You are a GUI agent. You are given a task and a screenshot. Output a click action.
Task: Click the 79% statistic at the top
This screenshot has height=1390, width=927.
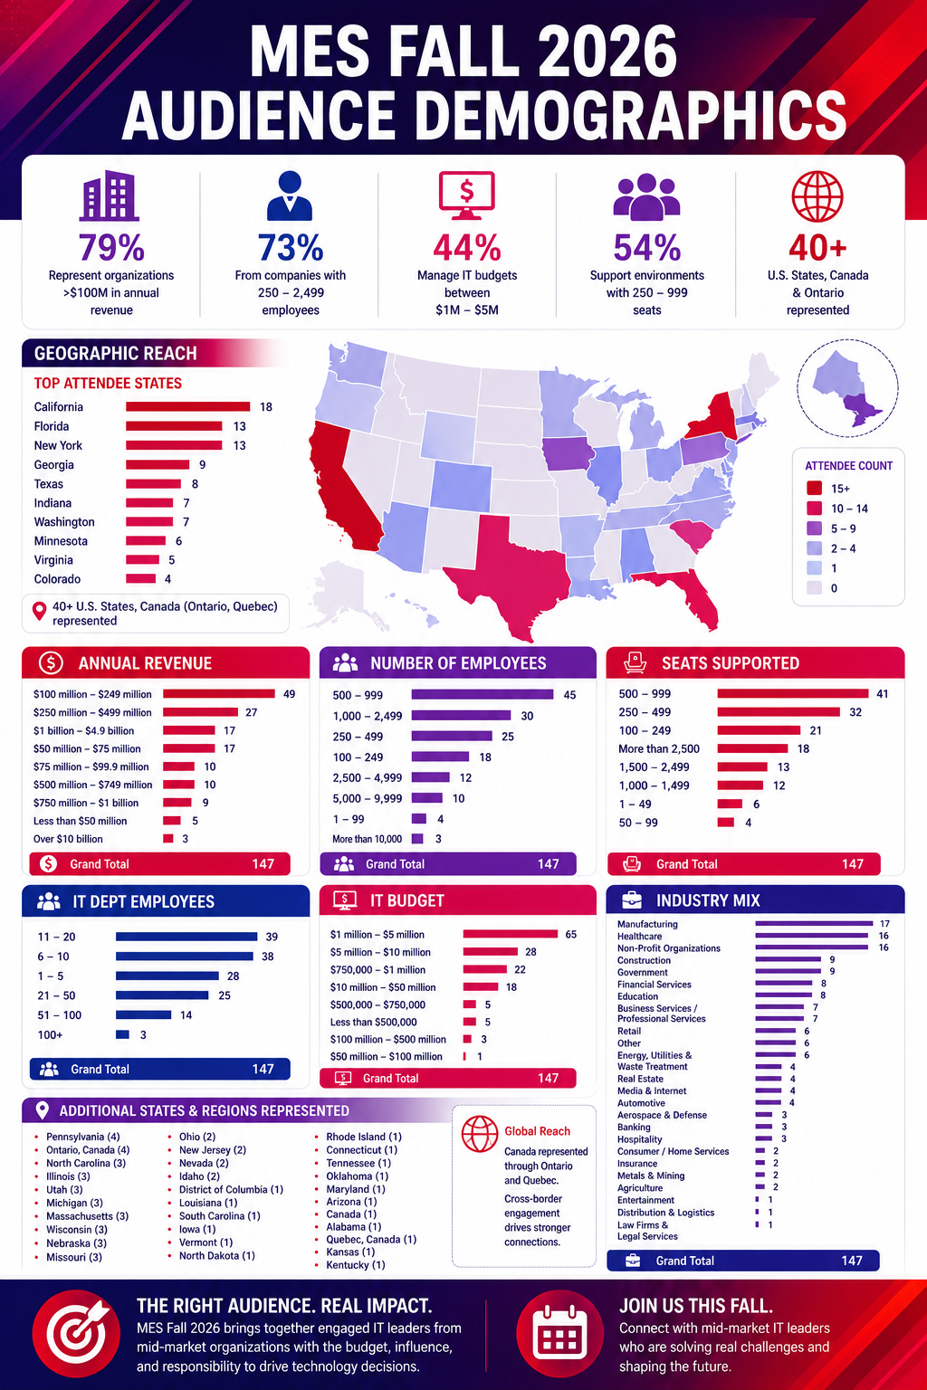(x=111, y=247)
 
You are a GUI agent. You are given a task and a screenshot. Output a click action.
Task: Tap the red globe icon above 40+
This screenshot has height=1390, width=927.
(x=817, y=196)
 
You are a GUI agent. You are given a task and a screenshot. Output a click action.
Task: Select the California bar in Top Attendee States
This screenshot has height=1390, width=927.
(x=187, y=406)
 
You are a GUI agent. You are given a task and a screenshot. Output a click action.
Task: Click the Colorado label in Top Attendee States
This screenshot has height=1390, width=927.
(x=57, y=579)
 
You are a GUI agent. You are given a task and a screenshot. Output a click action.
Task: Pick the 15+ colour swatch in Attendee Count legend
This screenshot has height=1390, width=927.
(x=814, y=489)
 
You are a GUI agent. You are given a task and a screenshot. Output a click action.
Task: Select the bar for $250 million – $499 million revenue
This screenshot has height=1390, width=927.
(x=201, y=712)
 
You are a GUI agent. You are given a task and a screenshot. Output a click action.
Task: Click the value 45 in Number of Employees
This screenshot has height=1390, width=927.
(x=569, y=695)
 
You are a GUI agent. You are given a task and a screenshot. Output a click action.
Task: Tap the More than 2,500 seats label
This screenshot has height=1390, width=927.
(x=659, y=749)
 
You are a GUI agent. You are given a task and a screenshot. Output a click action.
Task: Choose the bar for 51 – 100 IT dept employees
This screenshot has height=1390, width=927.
(x=143, y=1015)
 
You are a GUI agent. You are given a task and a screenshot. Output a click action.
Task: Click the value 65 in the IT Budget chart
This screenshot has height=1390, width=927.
(x=570, y=935)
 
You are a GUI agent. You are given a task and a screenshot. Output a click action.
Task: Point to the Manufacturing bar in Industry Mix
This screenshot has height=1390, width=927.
(x=814, y=924)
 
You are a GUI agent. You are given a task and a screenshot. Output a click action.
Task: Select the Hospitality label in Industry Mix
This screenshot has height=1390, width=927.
(x=639, y=1139)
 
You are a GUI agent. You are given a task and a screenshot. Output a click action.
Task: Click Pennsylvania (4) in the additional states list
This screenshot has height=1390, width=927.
(x=82, y=1137)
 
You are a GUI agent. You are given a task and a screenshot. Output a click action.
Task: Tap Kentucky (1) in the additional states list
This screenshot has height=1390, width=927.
(x=356, y=1264)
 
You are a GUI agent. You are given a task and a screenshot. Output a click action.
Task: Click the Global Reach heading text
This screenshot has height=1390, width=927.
(x=537, y=1131)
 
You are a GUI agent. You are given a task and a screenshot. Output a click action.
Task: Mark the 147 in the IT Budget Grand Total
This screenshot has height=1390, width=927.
(x=548, y=1078)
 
